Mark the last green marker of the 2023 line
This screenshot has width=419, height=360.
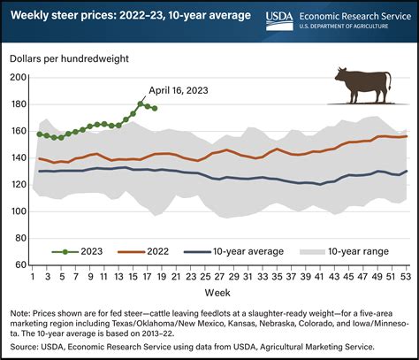(x=156, y=108)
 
